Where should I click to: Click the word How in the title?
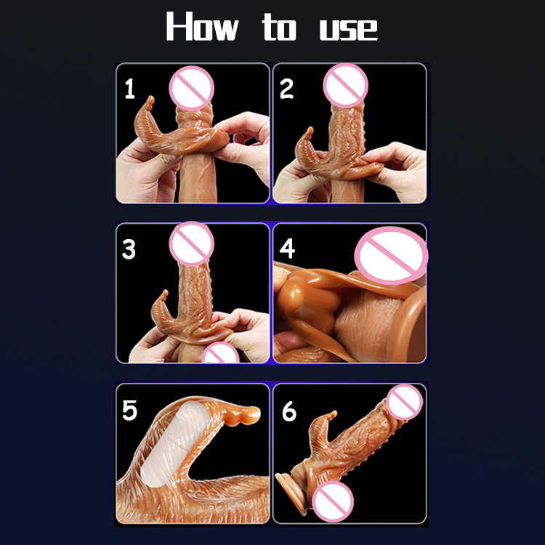[202, 26]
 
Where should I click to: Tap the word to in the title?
[280, 27]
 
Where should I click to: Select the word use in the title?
[349, 31]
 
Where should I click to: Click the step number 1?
[129, 89]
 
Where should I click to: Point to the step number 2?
[286, 89]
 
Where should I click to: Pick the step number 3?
[129, 249]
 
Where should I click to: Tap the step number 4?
[287, 249]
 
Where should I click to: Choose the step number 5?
[129, 410]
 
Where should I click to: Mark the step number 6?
[288, 411]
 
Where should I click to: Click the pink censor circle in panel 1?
[192, 88]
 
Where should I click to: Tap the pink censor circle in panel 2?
[345, 86]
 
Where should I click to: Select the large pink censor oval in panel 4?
[392, 256]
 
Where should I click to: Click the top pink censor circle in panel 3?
[192, 243]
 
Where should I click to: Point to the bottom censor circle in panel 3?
[220, 352]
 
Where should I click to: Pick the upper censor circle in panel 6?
[404, 402]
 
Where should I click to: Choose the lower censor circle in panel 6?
[333, 501]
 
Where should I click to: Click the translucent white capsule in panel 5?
[176, 444]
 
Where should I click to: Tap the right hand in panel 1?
[243, 146]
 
